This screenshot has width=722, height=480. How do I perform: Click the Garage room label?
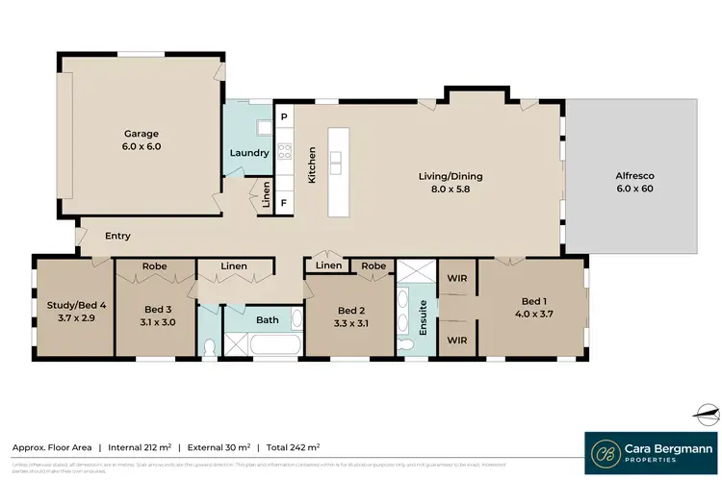tap(141, 134)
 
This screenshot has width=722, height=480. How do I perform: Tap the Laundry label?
tap(247, 153)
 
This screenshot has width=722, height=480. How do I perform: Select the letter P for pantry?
tap(284, 117)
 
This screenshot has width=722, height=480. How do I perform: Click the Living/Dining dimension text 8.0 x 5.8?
tap(450, 190)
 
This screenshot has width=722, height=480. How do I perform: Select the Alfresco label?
tap(635, 176)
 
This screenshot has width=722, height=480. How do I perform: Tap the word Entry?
tap(117, 236)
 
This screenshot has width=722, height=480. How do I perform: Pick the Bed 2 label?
tap(350, 310)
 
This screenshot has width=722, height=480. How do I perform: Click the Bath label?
tap(267, 319)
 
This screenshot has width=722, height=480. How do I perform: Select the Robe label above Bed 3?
tap(155, 265)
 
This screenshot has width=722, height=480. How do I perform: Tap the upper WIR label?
tap(458, 278)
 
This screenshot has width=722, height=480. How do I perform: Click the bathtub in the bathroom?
tap(263, 343)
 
